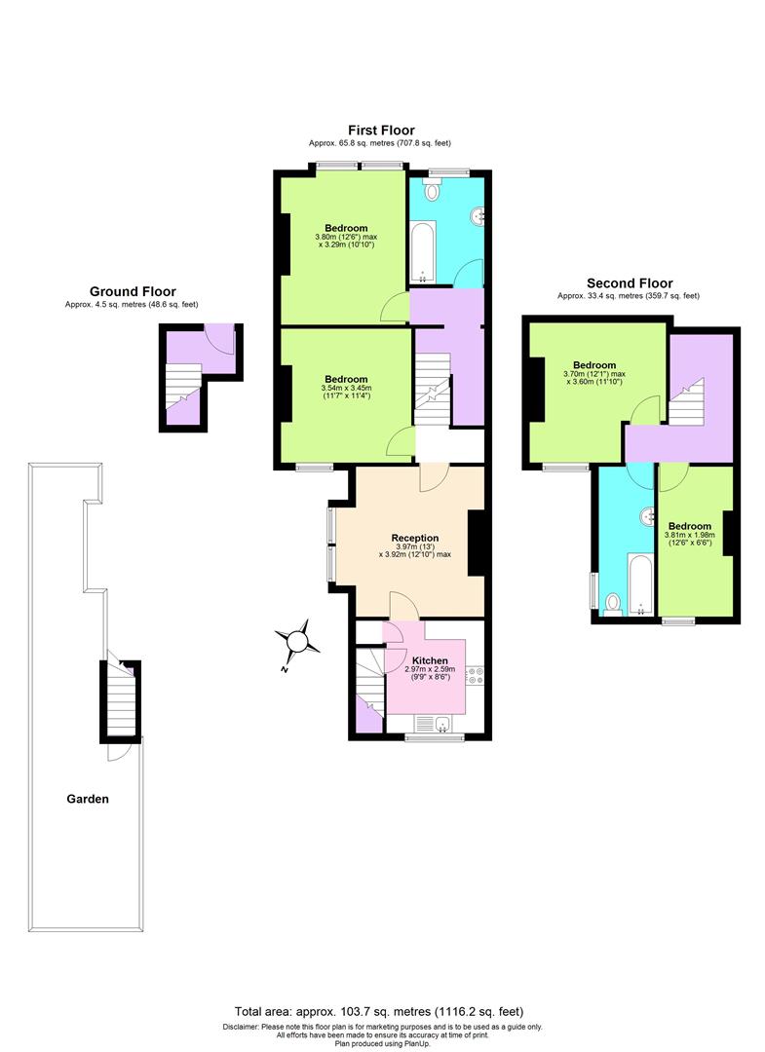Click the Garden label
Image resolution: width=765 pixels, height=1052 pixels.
tap(88, 799)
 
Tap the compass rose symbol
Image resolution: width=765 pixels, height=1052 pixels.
tap(296, 641)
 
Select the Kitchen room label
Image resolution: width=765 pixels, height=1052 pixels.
tap(430, 659)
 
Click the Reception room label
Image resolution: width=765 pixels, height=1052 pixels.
tap(415, 538)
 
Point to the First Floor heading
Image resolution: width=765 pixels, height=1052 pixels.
tap(381, 130)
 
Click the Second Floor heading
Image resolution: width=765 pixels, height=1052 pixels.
tap(629, 283)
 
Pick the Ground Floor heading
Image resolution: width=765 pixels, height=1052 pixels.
tap(133, 291)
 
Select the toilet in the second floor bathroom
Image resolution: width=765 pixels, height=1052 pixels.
tap(613, 604)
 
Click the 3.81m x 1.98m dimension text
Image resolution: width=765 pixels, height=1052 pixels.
tap(689, 539)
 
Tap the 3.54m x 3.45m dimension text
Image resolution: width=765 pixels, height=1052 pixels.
tap(346, 392)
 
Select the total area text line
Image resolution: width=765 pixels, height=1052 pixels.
tap(385, 1011)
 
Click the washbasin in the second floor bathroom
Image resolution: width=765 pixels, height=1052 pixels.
tap(645, 514)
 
